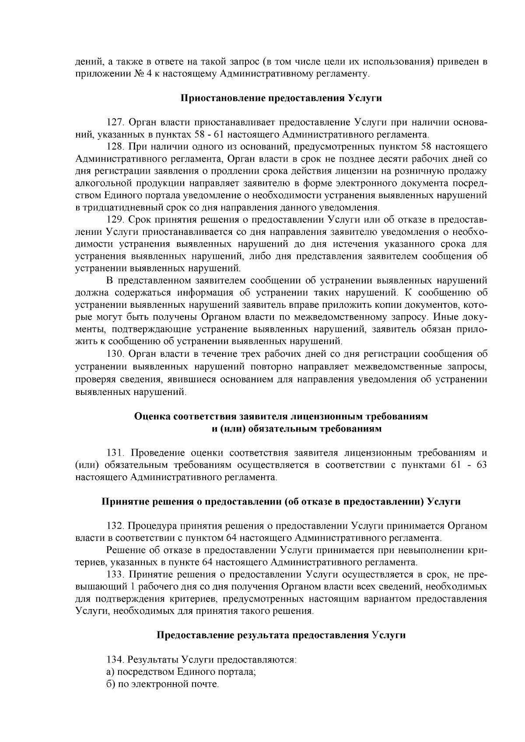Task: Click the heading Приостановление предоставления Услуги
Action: [281, 98]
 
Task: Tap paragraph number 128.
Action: [115, 146]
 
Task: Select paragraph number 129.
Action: [115, 219]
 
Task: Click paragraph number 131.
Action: [115, 452]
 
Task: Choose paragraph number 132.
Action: [115, 526]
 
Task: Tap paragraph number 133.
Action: [115, 574]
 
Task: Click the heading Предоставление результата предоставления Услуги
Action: [281, 635]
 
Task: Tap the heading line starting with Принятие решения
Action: [281, 501]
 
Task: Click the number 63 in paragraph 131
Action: [481, 464]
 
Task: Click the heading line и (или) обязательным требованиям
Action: [297, 428]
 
